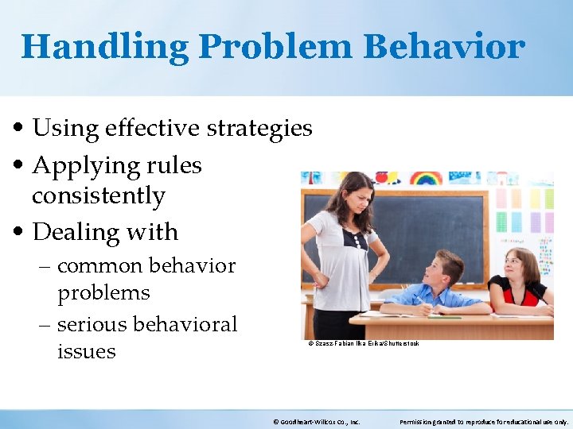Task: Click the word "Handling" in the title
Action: pos(103,47)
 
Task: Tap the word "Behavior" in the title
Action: pos(444,47)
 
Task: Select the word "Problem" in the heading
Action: pos(275,47)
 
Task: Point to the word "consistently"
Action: pos(98,195)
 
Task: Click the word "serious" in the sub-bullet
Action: pos(103,324)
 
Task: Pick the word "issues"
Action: pos(86,351)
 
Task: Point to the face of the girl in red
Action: pos(525,268)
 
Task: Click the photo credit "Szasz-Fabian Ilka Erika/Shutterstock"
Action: pos(363,343)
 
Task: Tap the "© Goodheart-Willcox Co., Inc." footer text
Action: pos(316,422)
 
